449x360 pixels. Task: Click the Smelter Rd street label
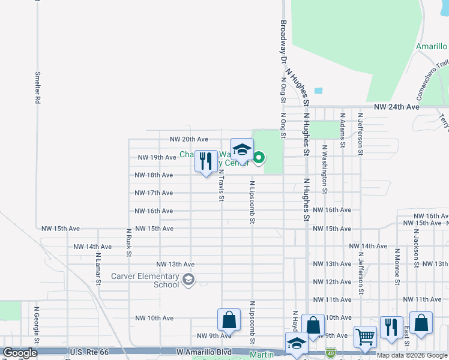(x=37, y=88)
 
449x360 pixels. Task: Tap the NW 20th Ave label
(x=188, y=139)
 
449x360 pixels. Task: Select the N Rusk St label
(x=128, y=242)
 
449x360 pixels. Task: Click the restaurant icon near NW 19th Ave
(x=206, y=161)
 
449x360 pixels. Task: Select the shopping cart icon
(x=365, y=336)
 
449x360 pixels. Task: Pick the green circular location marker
(x=259, y=158)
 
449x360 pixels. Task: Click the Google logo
(x=20, y=353)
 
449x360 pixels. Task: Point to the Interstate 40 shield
(x=331, y=349)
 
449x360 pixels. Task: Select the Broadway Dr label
(x=283, y=42)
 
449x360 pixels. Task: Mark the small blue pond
(x=318, y=91)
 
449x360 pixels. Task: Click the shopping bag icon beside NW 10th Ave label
(x=229, y=319)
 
